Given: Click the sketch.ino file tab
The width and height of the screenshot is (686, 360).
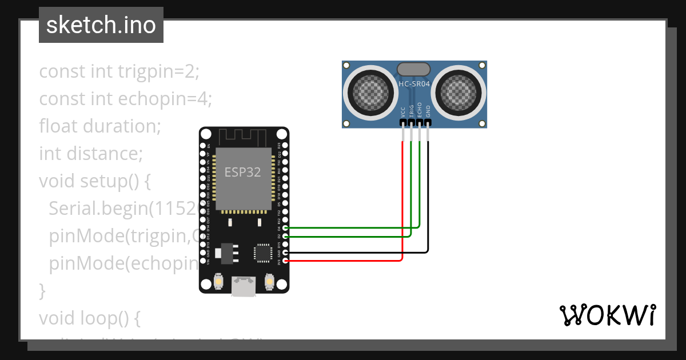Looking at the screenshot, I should (101, 25).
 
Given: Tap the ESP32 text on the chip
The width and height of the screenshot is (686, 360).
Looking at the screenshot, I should (242, 172).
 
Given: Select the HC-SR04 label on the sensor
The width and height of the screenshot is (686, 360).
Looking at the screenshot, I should (414, 83).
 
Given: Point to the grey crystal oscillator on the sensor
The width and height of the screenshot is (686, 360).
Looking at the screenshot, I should (413, 70).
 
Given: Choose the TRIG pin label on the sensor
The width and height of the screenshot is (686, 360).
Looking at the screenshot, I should (411, 110).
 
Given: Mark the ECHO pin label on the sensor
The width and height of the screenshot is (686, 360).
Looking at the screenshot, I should (420, 110).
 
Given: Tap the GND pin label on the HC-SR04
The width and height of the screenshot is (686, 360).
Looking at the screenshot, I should (428, 111).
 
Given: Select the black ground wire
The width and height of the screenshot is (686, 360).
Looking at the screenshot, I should (428, 200).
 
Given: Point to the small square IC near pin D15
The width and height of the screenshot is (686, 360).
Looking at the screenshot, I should (263, 252).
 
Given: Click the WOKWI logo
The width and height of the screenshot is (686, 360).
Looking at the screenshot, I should (608, 315).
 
